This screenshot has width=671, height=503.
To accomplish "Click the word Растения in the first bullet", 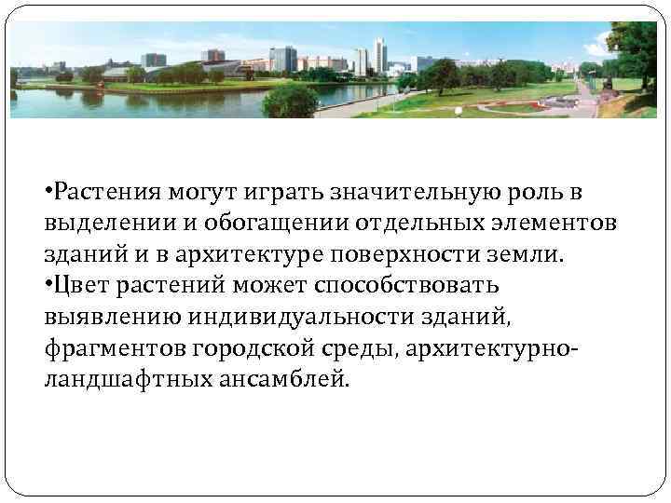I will click(98, 193).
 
